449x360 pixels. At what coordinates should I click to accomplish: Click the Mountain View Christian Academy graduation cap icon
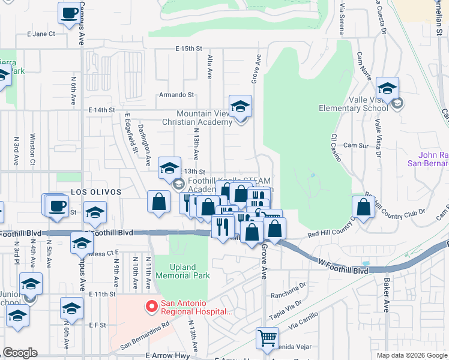point(241,106)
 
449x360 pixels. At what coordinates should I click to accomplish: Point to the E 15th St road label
point(190,48)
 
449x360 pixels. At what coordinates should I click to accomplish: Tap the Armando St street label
point(176,95)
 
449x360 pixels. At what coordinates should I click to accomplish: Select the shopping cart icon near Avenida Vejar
point(267,337)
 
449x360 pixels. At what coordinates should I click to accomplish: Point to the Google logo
point(20,353)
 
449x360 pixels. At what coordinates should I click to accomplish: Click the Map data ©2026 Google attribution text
point(411,355)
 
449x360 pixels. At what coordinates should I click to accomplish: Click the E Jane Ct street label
point(41,34)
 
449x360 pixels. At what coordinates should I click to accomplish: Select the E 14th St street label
point(101,110)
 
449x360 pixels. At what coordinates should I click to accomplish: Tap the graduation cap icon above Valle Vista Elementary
point(387,88)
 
